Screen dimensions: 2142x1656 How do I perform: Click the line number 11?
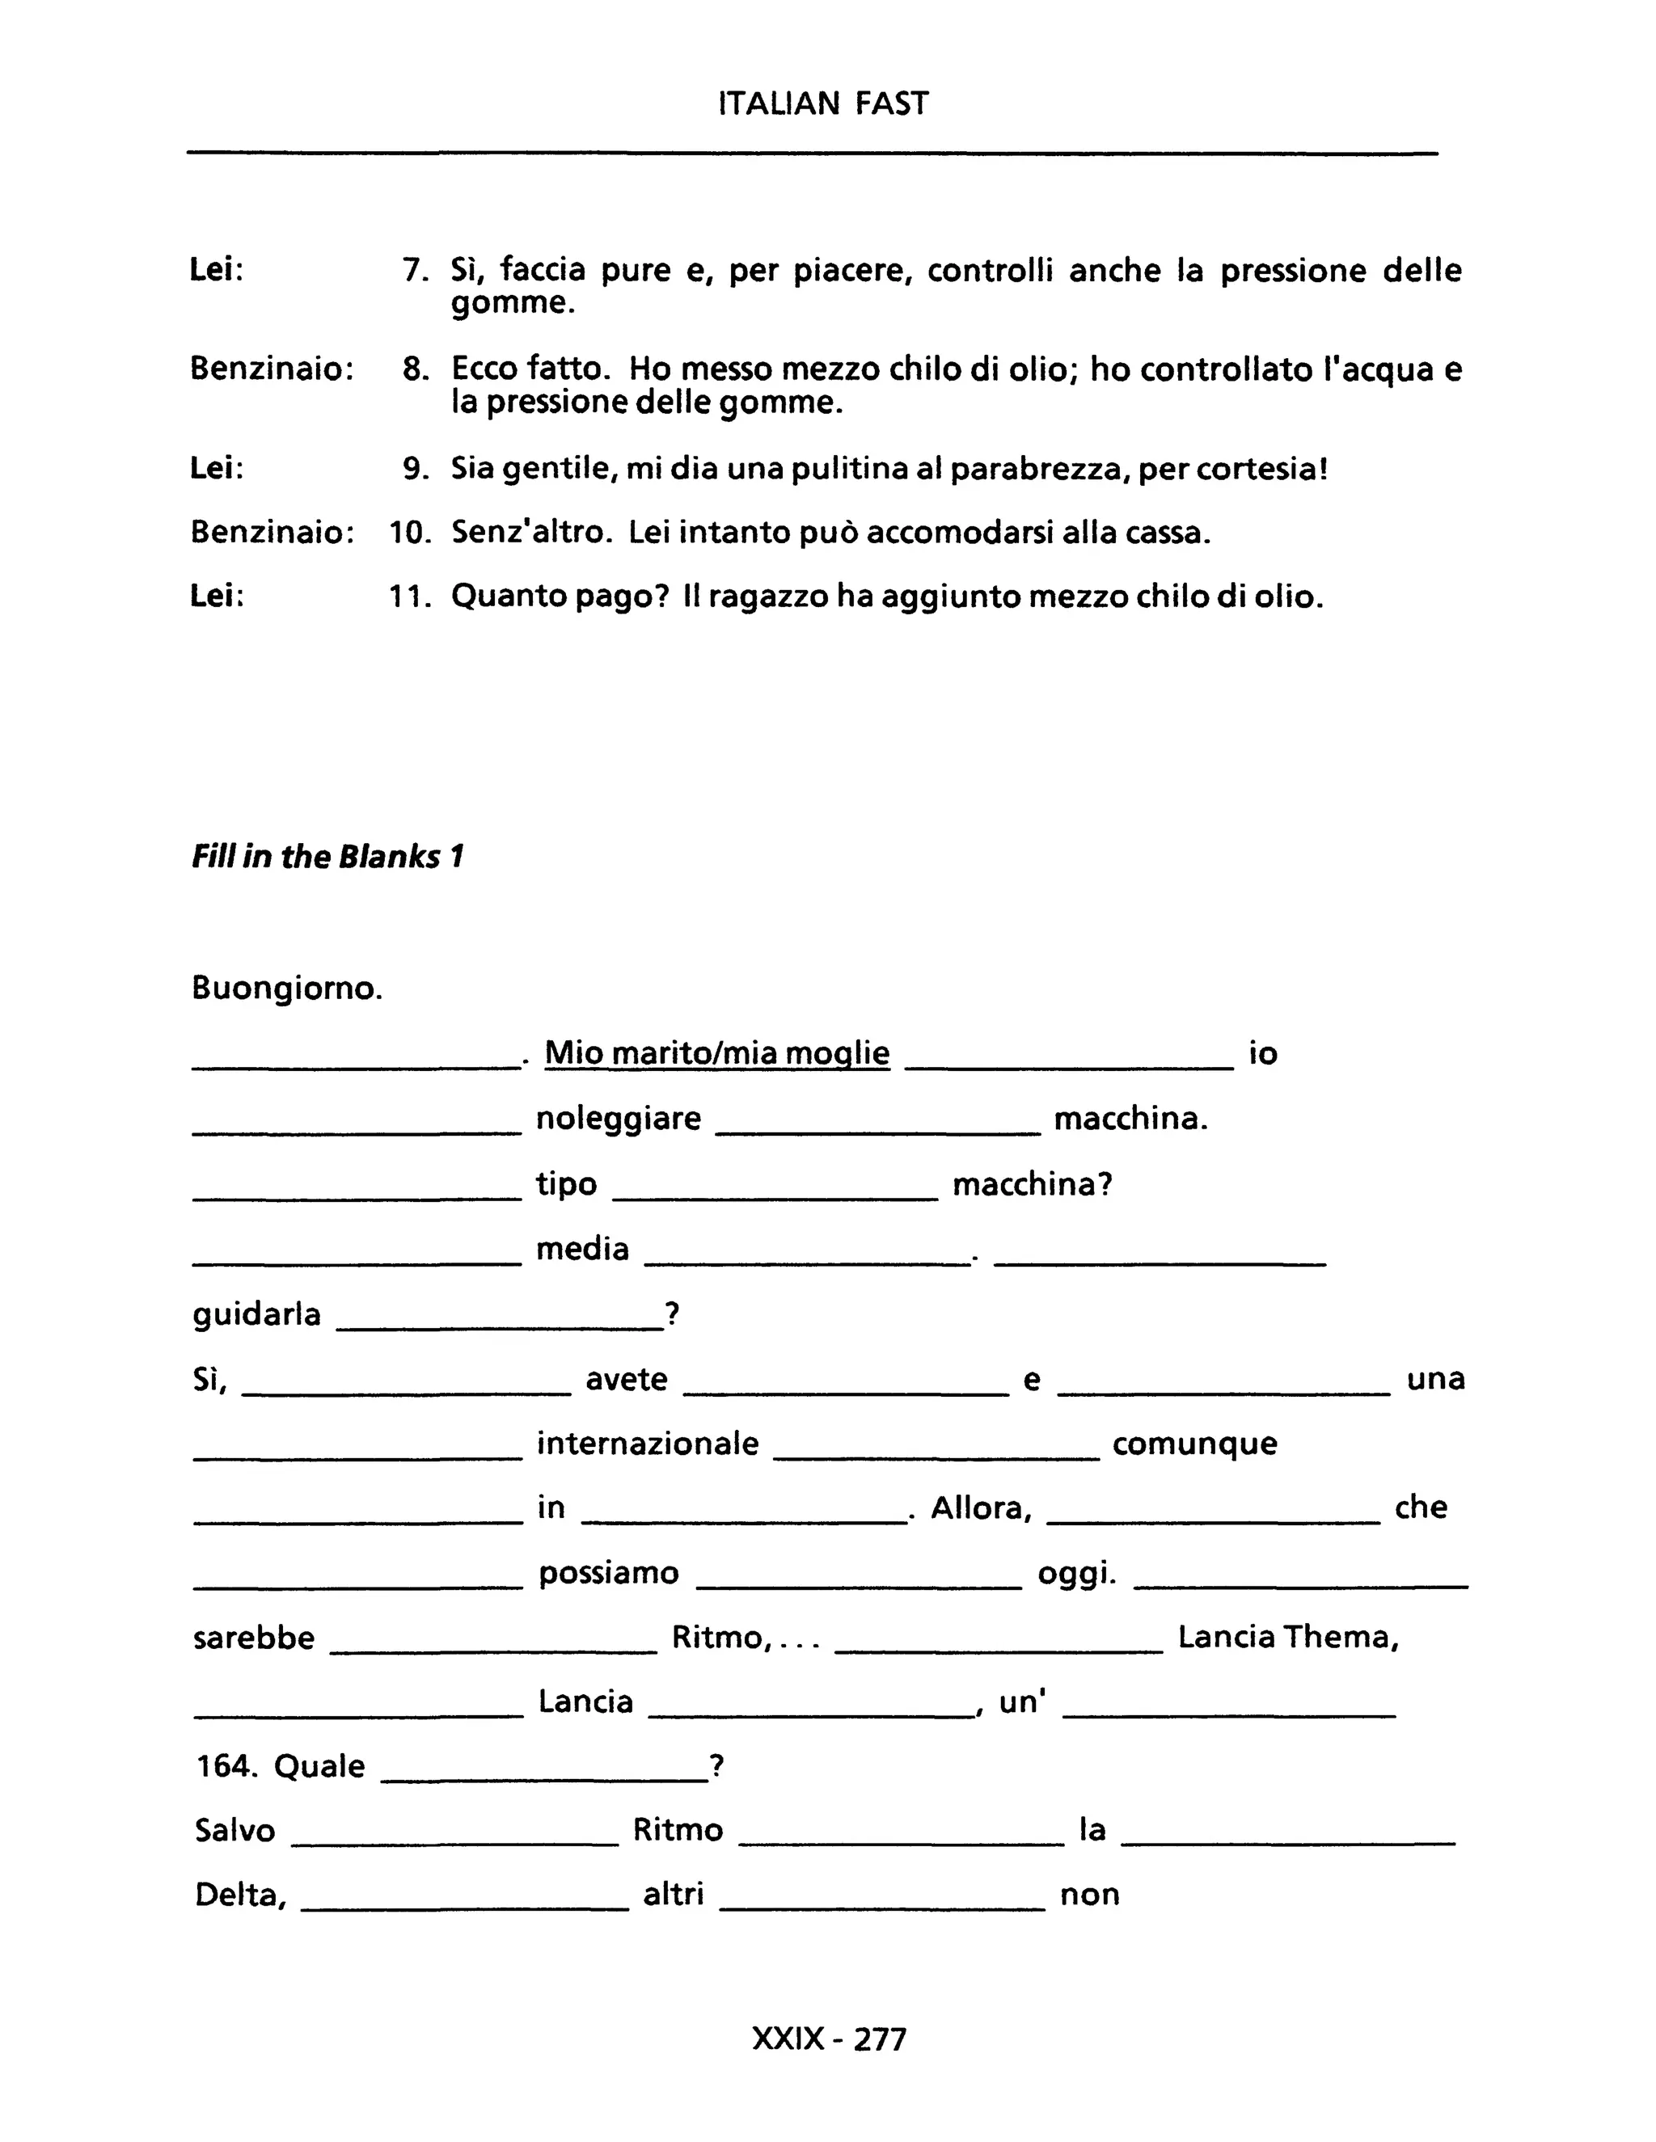click(x=409, y=597)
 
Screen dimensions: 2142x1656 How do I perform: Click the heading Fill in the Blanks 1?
click(x=327, y=856)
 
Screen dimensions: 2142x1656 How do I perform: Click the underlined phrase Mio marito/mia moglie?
click(x=716, y=1052)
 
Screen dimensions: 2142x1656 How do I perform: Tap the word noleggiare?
click(x=618, y=1118)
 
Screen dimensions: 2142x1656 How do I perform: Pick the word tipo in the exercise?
click(x=566, y=1184)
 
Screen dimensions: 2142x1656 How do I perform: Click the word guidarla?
click(x=257, y=1313)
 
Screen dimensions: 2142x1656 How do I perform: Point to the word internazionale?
click(x=648, y=1443)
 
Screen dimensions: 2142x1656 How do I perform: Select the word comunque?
click(x=1194, y=1443)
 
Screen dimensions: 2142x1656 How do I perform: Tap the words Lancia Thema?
click(x=1287, y=1637)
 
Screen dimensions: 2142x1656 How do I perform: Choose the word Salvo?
click(x=234, y=1830)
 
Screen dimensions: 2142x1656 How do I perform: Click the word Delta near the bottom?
click(x=239, y=1895)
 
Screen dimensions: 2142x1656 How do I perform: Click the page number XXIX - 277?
click(x=829, y=2039)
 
